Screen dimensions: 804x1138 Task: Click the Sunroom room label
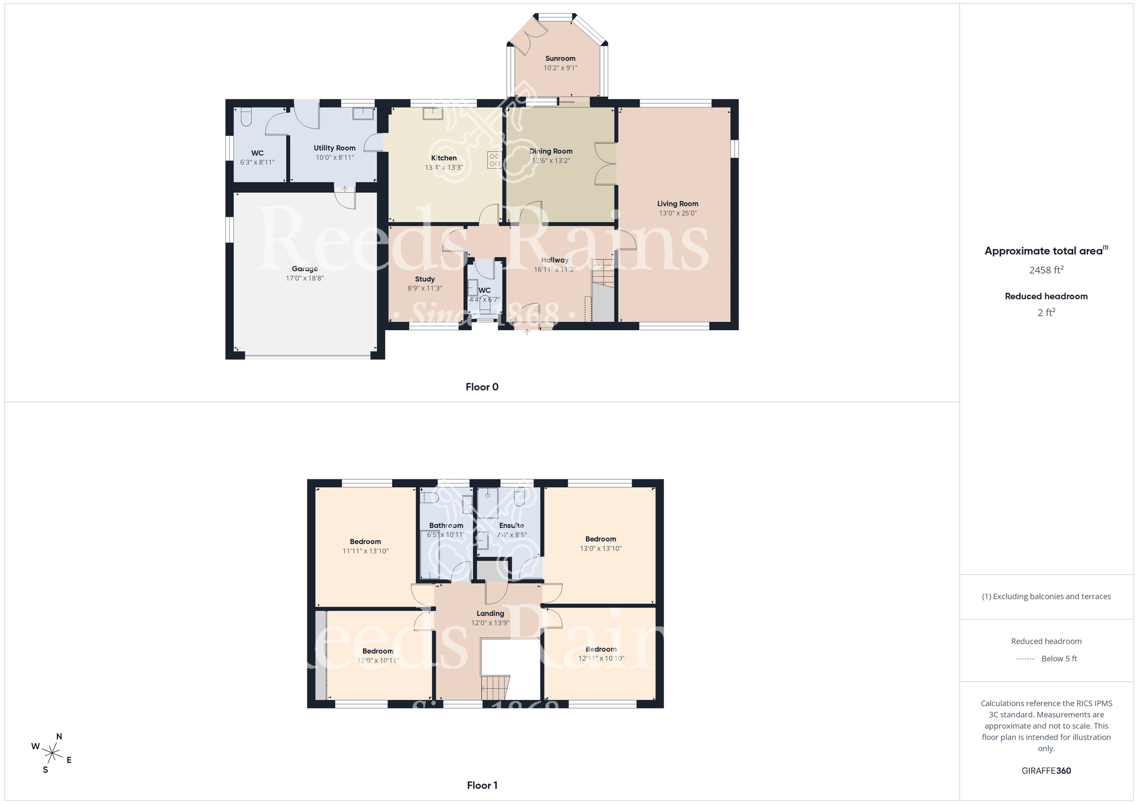pyautogui.click(x=560, y=59)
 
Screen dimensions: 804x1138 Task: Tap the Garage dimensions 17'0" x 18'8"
pyautogui.click(x=304, y=279)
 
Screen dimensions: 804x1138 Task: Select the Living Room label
pyautogui.click(x=677, y=204)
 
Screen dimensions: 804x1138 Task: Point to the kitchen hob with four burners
pyautogui.click(x=494, y=160)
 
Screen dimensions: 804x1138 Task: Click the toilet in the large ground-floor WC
pyautogui.click(x=246, y=117)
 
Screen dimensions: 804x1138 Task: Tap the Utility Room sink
pyautogui.click(x=362, y=113)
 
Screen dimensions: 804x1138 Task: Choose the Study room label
pyautogui.click(x=424, y=279)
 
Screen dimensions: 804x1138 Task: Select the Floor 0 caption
pyautogui.click(x=482, y=387)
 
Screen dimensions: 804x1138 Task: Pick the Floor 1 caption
pyautogui.click(x=482, y=785)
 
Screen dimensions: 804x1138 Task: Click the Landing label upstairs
pyautogui.click(x=490, y=614)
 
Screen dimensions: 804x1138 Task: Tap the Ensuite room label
pyautogui.click(x=511, y=525)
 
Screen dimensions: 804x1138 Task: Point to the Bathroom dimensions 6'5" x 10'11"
pyautogui.click(x=446, y=535)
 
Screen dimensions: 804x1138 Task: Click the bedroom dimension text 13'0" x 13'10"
pyautogui.click(x=600, y=549)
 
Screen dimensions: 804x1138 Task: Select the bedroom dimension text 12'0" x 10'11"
pyautogui.click(x=378, y=661)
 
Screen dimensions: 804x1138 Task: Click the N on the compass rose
pyautogui.click(x=59, y=737)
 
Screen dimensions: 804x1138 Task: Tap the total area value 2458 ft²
pyautogui.click(x=1046, y=270)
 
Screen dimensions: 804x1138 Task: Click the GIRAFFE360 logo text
pyautogui.click(x=1046, y=771)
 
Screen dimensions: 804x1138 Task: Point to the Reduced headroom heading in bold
pyautogui.click(x=1046, y=296)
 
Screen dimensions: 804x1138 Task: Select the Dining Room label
pyautogui.click(x=551, y=151)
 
